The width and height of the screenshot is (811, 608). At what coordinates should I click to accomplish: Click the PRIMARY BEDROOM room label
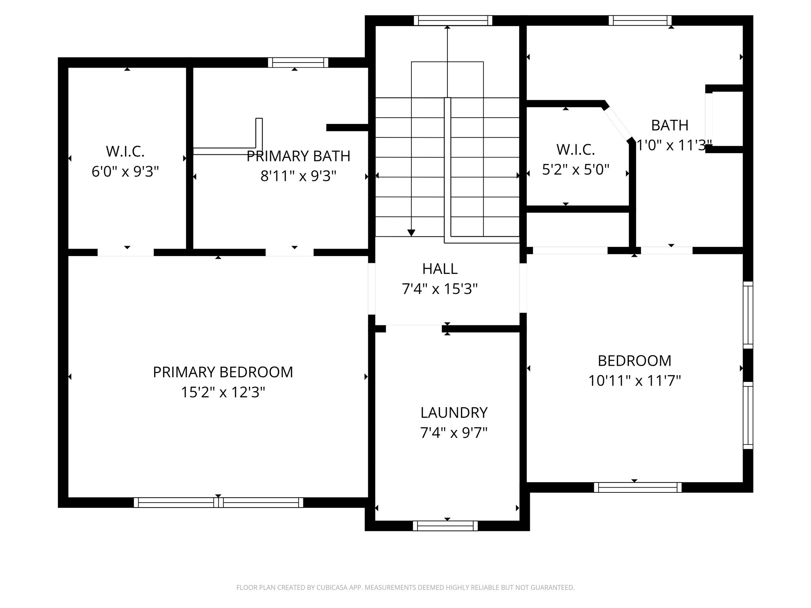pyautogui.click(x=223, y=372)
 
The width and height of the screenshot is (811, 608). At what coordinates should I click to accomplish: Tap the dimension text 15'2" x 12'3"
pyautogui.click(x=223, y=392)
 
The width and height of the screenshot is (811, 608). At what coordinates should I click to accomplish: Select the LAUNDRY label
pyautogui.click(x=453, y=412)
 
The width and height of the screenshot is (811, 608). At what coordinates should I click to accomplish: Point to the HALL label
pyautogui.click(x=440, y=269)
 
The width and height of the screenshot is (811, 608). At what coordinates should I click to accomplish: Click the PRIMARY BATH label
pyautogui.click(x=298, y=156)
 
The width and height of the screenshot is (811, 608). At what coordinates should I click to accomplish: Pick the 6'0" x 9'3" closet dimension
pyautogui.click(x=125, y=171)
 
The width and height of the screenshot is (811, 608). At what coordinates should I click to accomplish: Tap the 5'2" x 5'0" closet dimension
pyautogui.click(x=575, y=170)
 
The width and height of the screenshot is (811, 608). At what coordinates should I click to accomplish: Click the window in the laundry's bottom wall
pyautogui.click(x=445, y=526)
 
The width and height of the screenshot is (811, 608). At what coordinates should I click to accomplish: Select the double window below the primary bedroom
pyautogui.click(x=218, y=502)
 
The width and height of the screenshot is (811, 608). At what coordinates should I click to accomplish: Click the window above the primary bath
pyautogui.click(x=298, y=63)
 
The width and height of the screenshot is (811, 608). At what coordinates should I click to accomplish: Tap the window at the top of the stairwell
pyautogui.click(x=453, y=20)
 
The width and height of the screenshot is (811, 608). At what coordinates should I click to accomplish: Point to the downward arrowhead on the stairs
pyautogui.click(x=411, y=233)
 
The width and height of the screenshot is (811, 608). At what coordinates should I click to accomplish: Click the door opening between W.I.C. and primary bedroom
pyautogui.click(x=126, y=253)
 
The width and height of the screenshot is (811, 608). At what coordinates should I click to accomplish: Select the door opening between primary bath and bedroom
pyautogui.click(x=289, y=253)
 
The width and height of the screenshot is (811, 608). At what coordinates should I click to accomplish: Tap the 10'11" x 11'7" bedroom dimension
pyautogui.click(x=634, y=381)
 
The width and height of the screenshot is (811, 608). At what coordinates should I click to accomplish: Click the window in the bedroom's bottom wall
pyautogui.click(x=638, y=487)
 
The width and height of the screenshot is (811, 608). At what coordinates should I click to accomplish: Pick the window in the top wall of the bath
pyautogui.click(x=640, y=20)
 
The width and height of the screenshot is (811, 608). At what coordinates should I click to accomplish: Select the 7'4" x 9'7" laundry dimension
pyautogui.click(x=453, y=433)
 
